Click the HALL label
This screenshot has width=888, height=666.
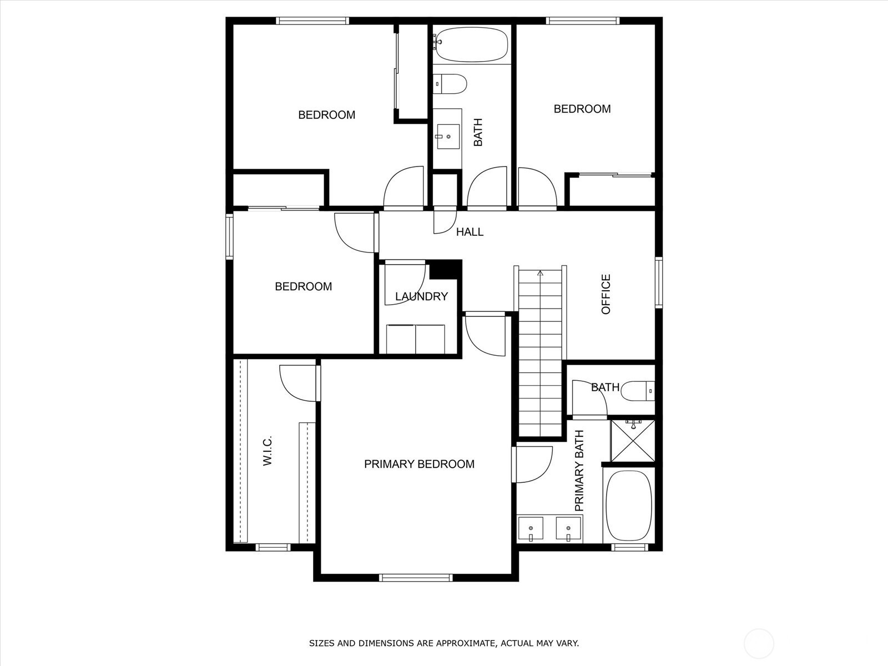470,231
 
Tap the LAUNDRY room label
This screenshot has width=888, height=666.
422,296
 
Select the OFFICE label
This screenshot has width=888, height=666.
606,294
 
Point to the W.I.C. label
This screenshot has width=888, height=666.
268,451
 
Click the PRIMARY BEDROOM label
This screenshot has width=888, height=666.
419,464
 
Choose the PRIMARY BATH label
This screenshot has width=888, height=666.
579,471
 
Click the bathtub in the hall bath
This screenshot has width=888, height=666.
472,44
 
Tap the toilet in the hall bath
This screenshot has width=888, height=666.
450,84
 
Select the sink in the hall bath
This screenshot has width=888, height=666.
448,137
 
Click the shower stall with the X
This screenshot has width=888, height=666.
632,441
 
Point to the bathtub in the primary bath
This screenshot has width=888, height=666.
629,505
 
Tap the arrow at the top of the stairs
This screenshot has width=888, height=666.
540,274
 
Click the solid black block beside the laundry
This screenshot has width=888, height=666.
446,270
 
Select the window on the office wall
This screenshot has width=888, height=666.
659,282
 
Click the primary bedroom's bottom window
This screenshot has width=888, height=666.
416,578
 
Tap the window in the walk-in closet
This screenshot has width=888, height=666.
273,548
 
